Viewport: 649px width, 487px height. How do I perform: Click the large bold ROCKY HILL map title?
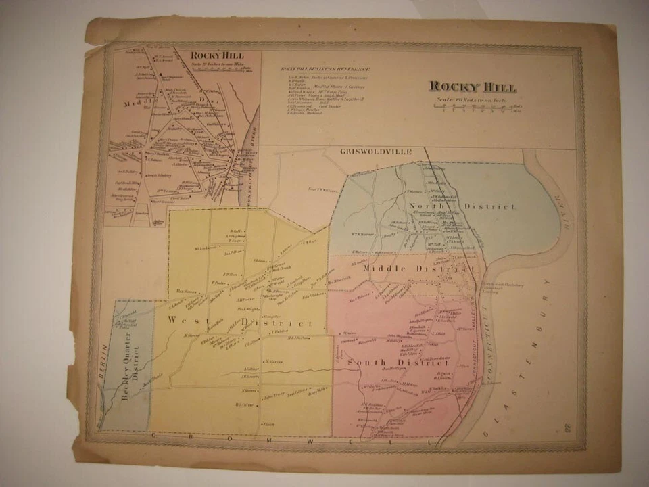pyautogui.click(x=473, y=87)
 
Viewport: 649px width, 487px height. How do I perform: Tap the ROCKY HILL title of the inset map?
pyautogui.click(x=217, y=55)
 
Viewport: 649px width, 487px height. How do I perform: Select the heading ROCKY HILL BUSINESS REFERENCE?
pyautogui.click(x=325, y=69)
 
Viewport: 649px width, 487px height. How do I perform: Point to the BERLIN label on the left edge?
pyautogui.click(x=104, y=358)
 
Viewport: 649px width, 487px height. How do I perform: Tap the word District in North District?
pyautogui.click(x=495, y=206)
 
